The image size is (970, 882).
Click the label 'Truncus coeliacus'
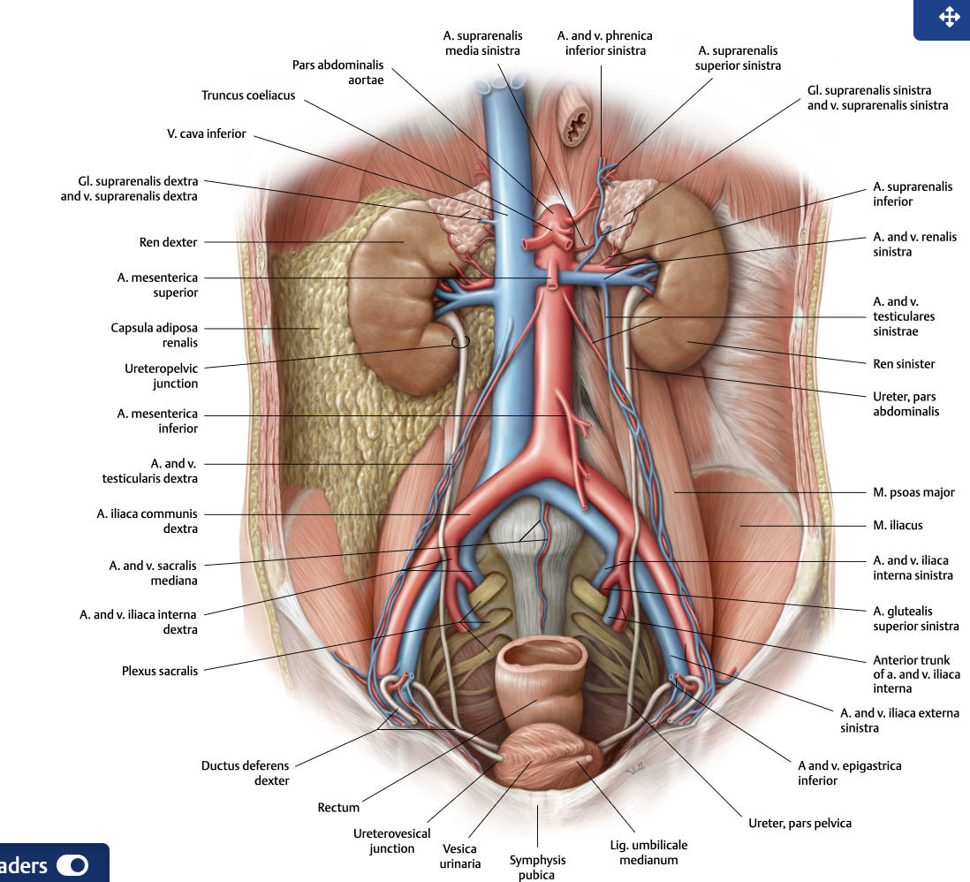pyautogui.click(x=248, y=95)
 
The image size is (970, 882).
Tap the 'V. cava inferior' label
pyautogui.click(x=206, y=133)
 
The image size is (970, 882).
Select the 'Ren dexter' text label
pyautogui.click(x=168, y=242)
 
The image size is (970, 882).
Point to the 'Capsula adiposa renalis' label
pyautogui.click(x=154, y=335)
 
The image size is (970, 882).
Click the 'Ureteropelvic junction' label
pyautogui.click(x=162, y=376)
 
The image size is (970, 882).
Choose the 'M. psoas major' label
pyautogui.click(x=913, y=492)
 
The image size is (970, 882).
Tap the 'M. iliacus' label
pyautogui.click(x=898, y=526)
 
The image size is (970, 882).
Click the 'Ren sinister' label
pyautogui.click(x=904, y=364)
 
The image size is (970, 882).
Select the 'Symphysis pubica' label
pyautogui.click(x=537, y=867)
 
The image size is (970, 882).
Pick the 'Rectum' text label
pyautogui.click(x=338, y=808)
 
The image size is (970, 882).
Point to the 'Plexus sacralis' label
pyautogui.click(x=160, y=671)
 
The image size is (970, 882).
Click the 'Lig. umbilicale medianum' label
pyautogui.click(x=648, y=852)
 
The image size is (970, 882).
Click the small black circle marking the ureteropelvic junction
pyautogui.click(x=460, y=342)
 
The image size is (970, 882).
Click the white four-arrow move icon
pyautogui.click(x=949, y=17)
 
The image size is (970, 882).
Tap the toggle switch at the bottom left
pyautogui.click(x=72, y=864)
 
